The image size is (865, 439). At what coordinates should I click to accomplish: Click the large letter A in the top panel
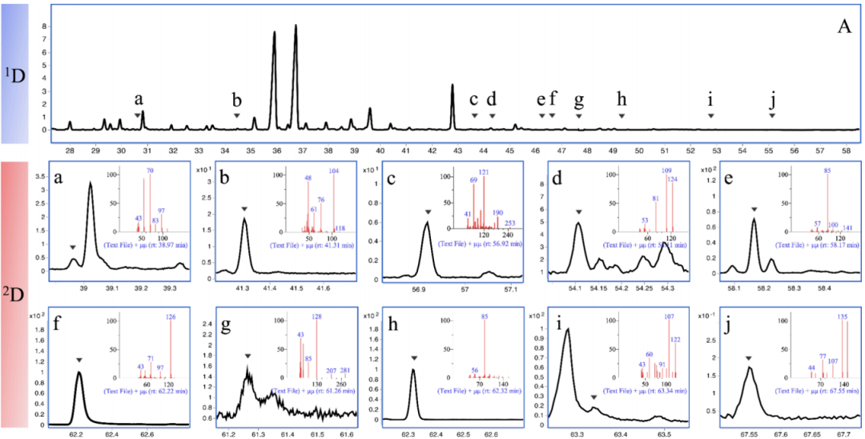[x=843, y=26]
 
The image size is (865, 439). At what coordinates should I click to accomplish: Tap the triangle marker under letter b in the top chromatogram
[x=236, y=115]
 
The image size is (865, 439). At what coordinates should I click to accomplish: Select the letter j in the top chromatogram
[x=772, y=99]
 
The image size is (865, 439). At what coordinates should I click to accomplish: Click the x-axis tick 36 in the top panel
[x=276, y=149]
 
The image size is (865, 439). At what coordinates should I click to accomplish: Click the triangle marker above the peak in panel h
[x=413, y=358]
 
